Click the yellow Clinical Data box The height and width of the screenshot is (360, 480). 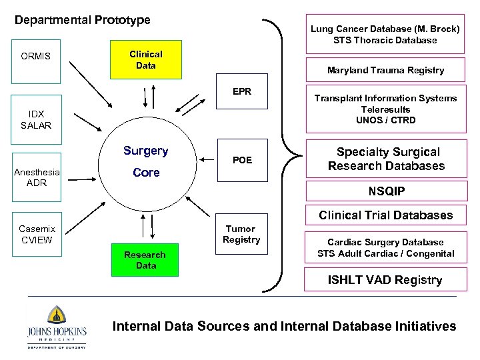point(145,60)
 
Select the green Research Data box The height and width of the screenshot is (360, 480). point(145,260)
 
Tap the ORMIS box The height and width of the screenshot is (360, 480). point(35,57)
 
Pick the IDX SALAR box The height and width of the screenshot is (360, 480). point(35,120)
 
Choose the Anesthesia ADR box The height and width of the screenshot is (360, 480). point(37,177)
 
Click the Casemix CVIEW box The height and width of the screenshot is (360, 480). point(36,234)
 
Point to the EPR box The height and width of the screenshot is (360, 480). point(242,91)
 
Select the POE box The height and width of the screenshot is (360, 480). point(242,160)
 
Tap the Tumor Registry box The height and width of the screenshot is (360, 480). point(241,234)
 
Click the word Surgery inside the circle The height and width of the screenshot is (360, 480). point(145,151)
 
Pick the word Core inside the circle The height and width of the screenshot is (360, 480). point(146,173)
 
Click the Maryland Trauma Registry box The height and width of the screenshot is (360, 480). point(385,70)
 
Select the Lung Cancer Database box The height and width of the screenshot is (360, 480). point(385,35)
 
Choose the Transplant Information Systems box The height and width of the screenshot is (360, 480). point(385,109)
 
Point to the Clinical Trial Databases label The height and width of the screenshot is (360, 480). point(385,215)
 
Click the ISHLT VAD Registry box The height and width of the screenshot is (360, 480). point(385,280)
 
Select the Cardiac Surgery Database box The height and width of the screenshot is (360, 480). point(385,247)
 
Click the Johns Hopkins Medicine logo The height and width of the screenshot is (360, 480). point(56,326)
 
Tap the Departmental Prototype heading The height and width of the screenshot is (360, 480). point(83,21)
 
